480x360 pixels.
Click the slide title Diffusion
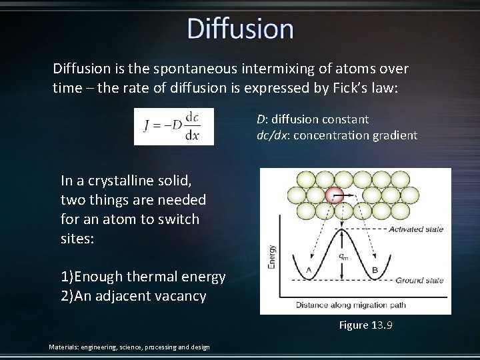pyautogui.click(x=240, y=29)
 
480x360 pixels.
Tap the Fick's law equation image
pyautogui.click(x=174, y=126)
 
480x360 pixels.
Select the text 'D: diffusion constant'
pyautogui.click(x=312, y=119)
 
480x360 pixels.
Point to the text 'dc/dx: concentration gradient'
pyautogui.click(x=337, y=135)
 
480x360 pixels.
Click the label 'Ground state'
pyautogui.click(x=419, y=281)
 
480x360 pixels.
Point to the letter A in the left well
pyautogui.click(x=308, y=270)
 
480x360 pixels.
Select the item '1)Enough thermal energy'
pyautogui.click(x=143, y=277)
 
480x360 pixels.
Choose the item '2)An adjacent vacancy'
pyautogui.click(x=133, y=296)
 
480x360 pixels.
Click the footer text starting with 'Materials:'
pyautogui.click(x=129, y=347)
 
